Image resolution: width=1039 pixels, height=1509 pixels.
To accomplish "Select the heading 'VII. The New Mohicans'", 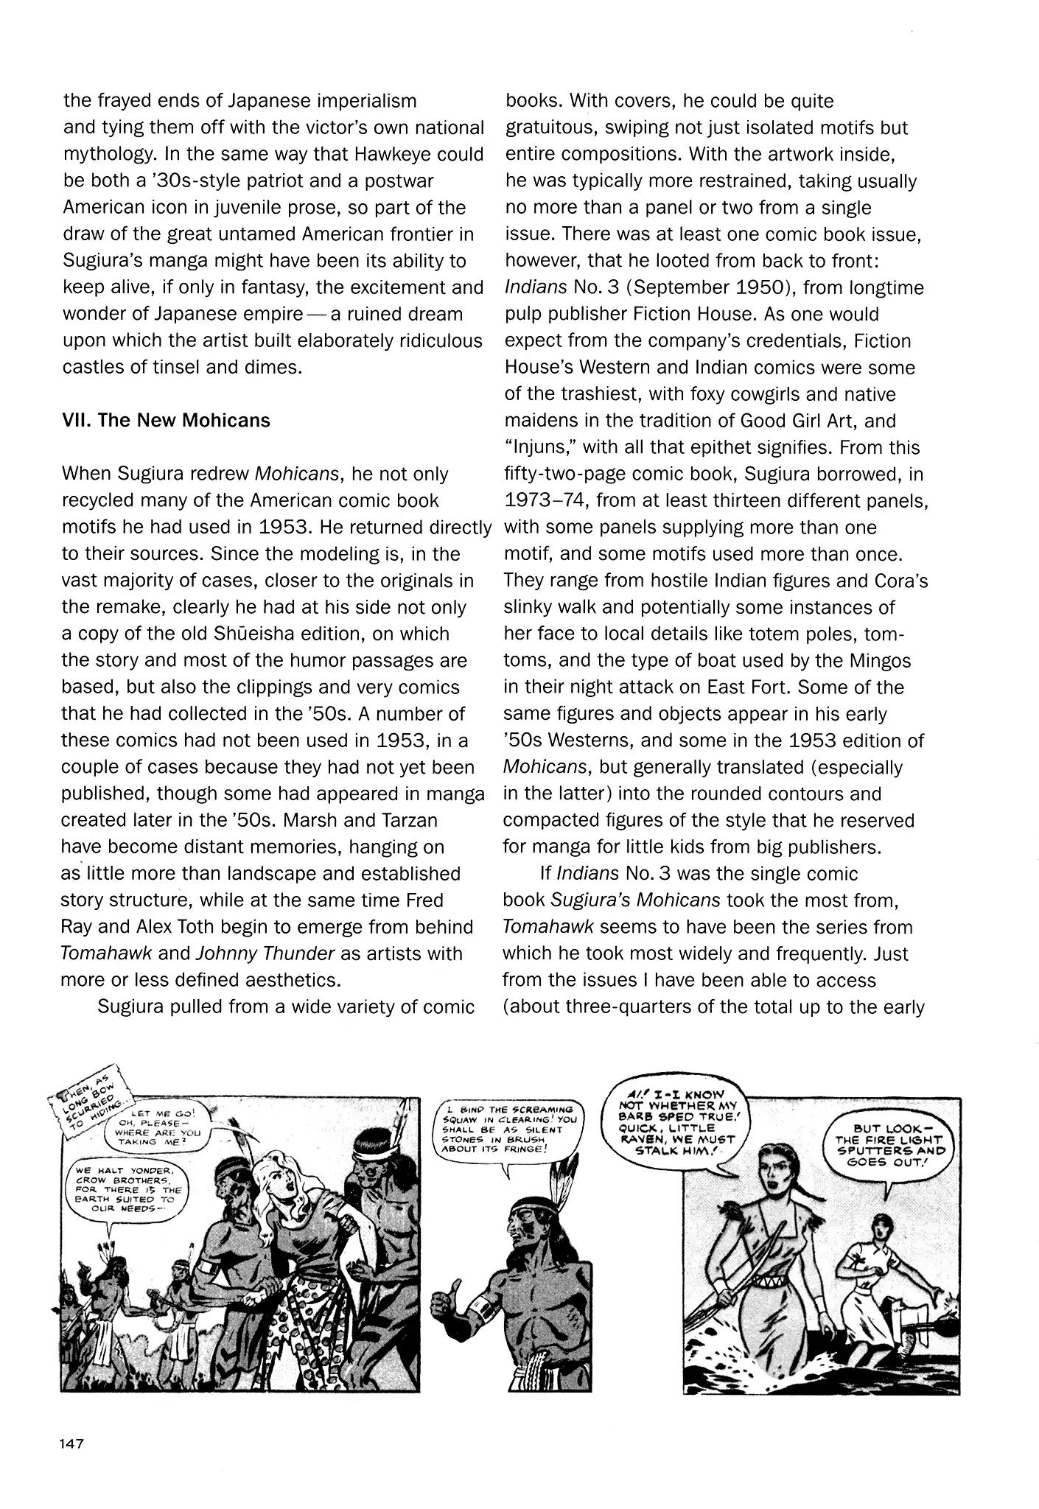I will [x=167, y=421].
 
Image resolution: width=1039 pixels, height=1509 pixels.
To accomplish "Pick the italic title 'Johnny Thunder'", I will [x=266, y=953].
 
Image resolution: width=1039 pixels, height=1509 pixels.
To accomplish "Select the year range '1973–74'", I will [x=545, y=501].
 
